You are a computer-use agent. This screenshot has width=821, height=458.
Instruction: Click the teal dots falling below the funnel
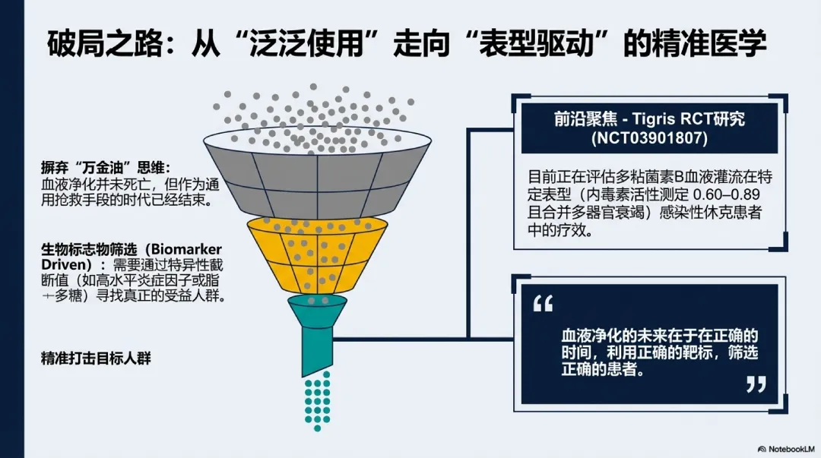tap(317, 400)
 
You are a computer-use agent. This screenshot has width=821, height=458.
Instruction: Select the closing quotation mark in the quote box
tap(756, 384)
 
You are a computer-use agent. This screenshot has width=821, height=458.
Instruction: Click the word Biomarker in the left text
tap(185, 249)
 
